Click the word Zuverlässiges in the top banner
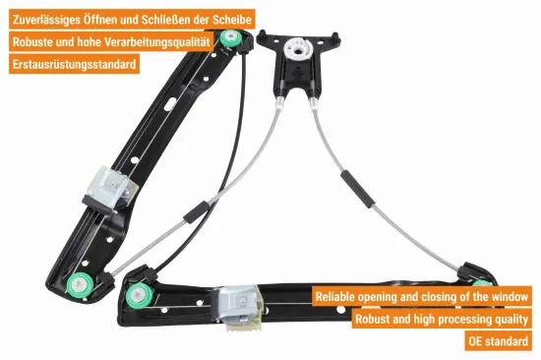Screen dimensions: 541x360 [46, 20]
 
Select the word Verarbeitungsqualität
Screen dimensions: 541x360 [157, 42]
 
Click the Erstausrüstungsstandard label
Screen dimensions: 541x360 [74, 64]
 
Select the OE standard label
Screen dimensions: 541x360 [498, 341]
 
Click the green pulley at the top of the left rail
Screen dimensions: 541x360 [230, 39]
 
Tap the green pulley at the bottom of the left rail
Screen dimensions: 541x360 [80, 285]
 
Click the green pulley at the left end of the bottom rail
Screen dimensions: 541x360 [139, 295]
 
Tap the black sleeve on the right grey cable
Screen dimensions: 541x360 [357, 189]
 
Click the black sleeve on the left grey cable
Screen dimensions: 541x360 [197, 212]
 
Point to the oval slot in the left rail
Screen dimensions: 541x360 [170, 104]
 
